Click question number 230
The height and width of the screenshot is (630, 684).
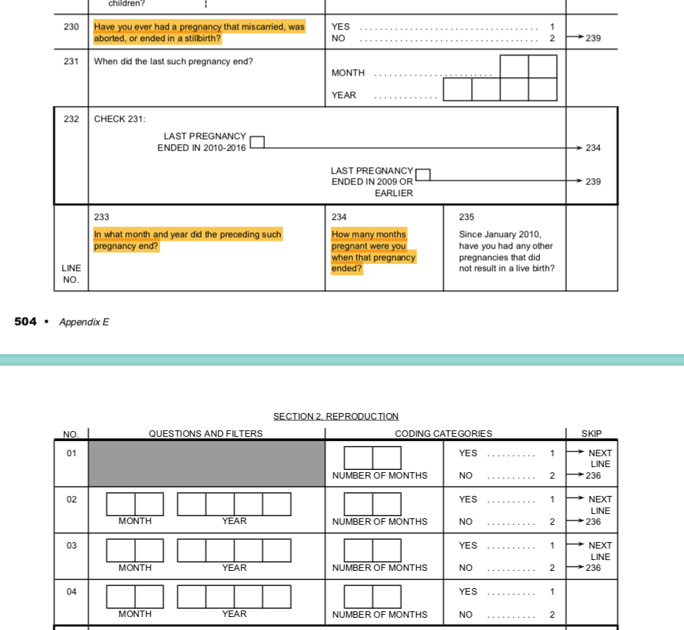coord(71,27)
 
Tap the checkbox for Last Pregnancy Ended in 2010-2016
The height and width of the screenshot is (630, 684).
coord(257,142)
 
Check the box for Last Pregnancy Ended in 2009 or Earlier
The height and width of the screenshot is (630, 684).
coord(423,175)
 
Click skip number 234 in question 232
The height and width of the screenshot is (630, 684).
coord(593,148)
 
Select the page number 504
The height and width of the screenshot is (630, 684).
coord(25,321)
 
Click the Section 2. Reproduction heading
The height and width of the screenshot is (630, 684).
coord(336,417)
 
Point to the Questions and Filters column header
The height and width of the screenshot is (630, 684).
coord(205,434)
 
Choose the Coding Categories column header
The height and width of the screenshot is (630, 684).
coord(444,434)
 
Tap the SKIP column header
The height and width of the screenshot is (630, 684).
coord(591,434)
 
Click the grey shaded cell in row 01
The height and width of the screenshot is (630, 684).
coord(207,463)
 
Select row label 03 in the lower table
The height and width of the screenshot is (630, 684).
coord(71,546)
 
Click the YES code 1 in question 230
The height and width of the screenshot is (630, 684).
coord(552,27)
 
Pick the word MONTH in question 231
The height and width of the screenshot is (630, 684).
coord(348,73)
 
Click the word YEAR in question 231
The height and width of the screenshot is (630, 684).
coord(343,95)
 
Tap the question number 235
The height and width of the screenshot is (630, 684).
coord(467,217)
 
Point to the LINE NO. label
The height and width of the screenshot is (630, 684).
coord(71,274)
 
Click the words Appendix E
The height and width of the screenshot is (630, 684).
coord(84,322)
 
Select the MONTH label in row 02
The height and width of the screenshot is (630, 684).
coord(135,521)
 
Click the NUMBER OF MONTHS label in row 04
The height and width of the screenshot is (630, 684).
coord(379,615)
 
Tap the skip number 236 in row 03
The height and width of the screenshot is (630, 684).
coord(593,568)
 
